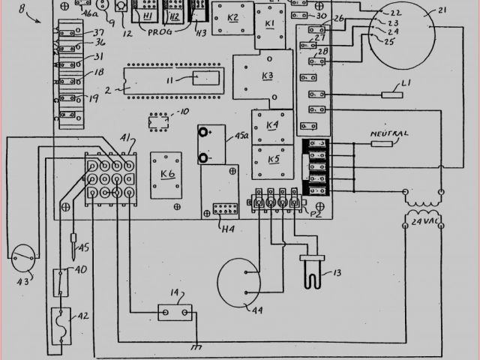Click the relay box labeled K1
270,25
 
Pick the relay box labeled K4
271,125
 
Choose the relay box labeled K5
271,160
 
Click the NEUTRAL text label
390,134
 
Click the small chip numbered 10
157,120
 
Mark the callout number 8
22,10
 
